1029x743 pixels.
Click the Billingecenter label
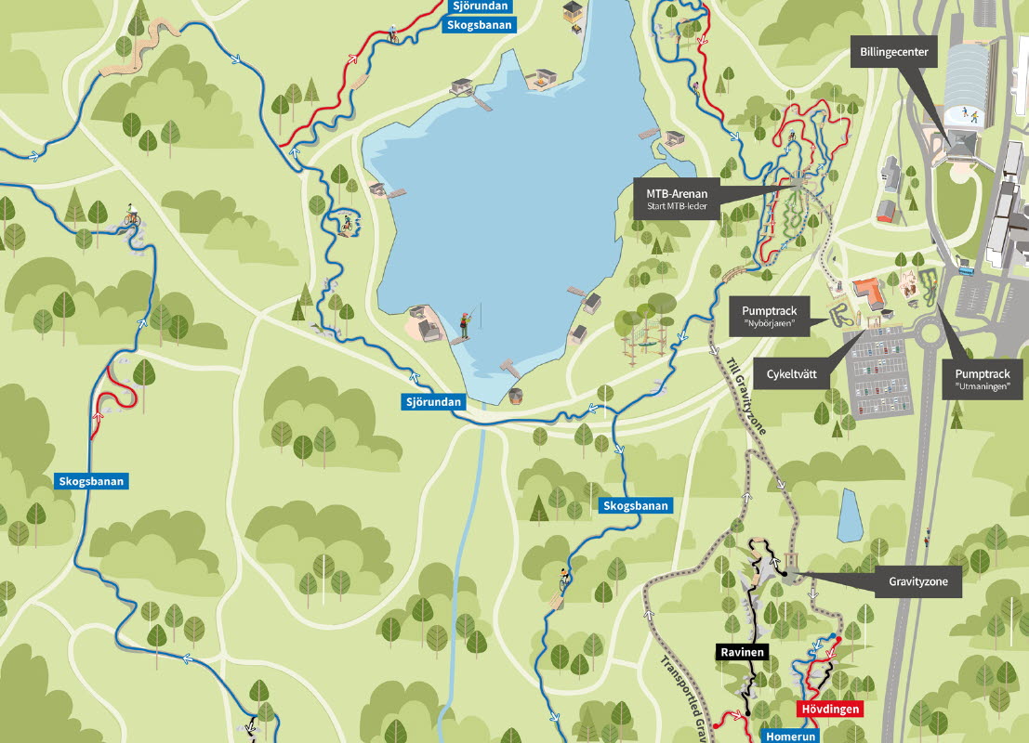[x=893, y=53]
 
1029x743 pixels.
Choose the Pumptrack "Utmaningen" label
[x=983, y=377]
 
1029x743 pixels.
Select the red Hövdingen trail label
[x=829, y=709]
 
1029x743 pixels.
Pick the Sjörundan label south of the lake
[x=433, y=402]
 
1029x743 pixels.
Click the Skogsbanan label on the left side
[x=91, y=481]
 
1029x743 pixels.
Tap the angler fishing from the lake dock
[x=463, y=323]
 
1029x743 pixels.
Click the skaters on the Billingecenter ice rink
[x=968, y=114]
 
